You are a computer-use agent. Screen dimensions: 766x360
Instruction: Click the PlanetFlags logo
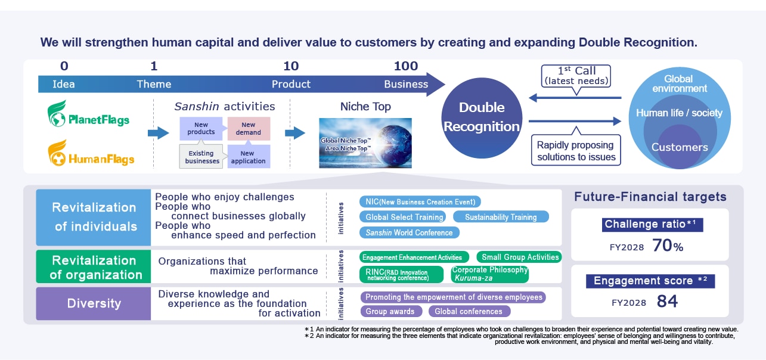(88, 114)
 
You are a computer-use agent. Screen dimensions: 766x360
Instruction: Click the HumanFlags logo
(91, 153)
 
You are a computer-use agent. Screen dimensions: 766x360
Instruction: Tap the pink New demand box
(249, 129)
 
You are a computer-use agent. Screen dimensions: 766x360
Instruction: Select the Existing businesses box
(201, 157)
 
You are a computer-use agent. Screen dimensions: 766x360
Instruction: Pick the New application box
(249, 157)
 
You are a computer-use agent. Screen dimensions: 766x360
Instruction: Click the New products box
(201, 128)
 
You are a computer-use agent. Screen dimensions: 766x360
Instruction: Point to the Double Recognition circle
(482, 118)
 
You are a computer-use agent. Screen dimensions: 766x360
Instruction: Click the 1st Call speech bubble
(576, 76)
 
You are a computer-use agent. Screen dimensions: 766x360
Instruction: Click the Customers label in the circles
(680, 147)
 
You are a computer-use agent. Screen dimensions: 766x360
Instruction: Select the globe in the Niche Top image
(393, 142)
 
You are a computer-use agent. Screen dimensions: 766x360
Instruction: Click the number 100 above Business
(406, 66)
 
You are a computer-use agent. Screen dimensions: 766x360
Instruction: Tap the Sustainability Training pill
(501, 217)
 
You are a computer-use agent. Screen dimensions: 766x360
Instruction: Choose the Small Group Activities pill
(519, 257)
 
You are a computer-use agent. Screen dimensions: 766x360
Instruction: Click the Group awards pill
(391, 311)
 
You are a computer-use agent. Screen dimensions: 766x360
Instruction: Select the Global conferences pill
(469, 311)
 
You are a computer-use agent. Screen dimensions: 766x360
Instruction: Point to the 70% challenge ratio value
(668, 246)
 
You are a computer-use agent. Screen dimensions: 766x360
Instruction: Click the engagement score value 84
(667, 301)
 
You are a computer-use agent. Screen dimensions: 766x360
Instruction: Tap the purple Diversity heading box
(94, 303)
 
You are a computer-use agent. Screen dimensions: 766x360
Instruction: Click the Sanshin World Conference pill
(409, 232)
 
